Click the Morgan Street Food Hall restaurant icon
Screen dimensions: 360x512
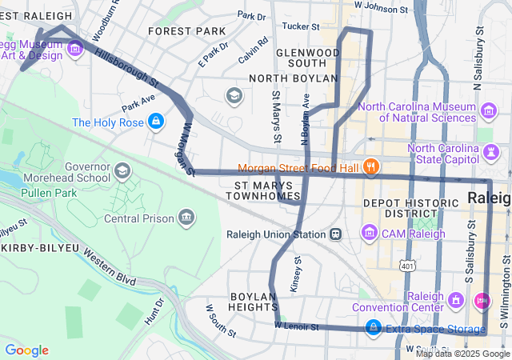click(x=370, y=167)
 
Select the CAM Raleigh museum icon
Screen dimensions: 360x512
click(x=370, y=233)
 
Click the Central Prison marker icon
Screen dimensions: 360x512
click(x=186, y=217)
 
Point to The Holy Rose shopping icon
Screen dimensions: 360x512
click(x=156, y=122)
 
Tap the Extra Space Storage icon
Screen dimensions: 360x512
click(x=373, y=328)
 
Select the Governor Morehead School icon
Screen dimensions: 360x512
click(x=122, y=170)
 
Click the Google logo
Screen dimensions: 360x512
click(x=27, y=350)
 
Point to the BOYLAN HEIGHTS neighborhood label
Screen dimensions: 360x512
click(x=254, y=302)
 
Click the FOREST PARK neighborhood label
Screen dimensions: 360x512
click(x=187, y=31)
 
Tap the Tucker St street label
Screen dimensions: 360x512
click(x=301, y=26)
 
